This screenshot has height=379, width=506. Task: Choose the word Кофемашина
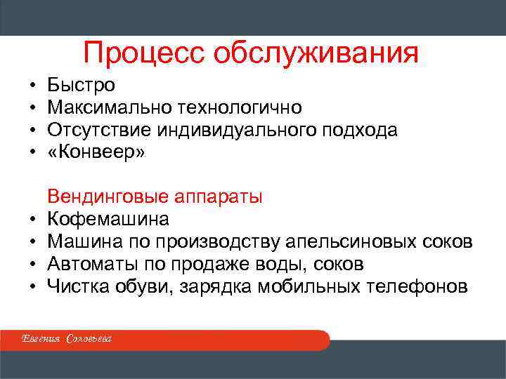[x=108, y=219]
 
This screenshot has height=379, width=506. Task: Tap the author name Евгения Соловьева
[x=67, y=340]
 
